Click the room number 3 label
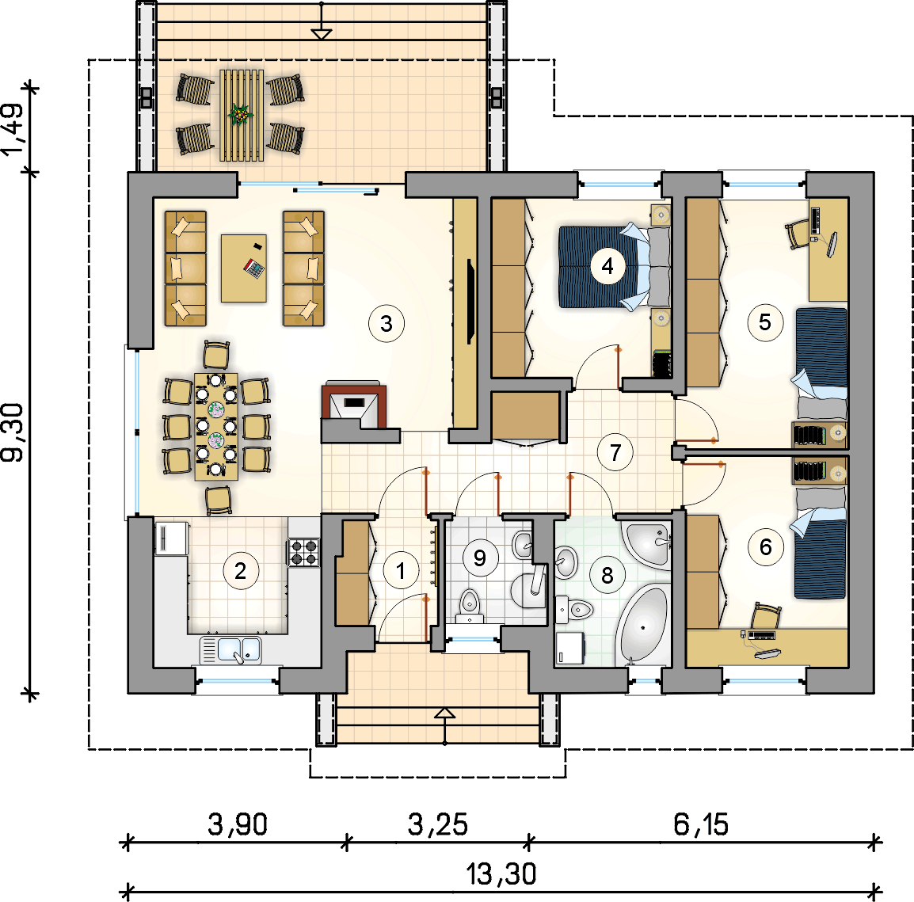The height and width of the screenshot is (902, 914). click(386, 323)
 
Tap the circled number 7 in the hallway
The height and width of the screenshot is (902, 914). click(615, 453)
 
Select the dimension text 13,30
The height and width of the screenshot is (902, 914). click(501, 874)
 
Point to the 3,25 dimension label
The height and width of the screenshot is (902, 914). click(437, 824)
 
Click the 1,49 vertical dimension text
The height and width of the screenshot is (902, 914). click(12, 129)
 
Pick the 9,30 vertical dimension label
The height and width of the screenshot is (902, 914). click(12, 432)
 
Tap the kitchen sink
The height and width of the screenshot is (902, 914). click(230, 649)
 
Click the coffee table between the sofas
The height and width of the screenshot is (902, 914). click(244, 268)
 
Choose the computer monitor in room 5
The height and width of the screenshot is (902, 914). click(832, 244)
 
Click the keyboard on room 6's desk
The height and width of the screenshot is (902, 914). click(761, 634)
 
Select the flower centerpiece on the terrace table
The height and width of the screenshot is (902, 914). click(240, 115)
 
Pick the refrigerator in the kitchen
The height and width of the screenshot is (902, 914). click(171, 538)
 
